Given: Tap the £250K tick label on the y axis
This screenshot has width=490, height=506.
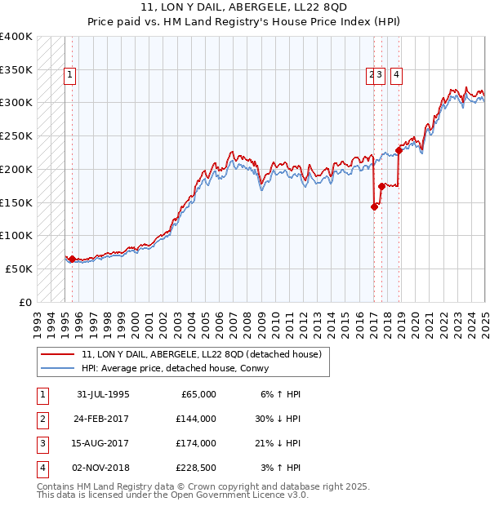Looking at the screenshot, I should pyautogui.click(x=16, y=135).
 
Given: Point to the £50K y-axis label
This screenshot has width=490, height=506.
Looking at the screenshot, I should pyautogui.click(x=19, y=269).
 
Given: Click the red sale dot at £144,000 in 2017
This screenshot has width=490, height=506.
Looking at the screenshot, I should pyautogui.click(x=375, y=206).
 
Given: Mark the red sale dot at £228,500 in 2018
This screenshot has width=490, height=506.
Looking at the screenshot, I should pyautogui.click(x=399, y=150).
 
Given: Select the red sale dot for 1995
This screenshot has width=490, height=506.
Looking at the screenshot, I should pyautogui.click(x=72, y=260).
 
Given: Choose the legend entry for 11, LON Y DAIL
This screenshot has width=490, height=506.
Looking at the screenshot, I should pyautogui.click(x=202, y=354).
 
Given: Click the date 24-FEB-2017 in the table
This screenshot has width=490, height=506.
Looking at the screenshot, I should pyautogui.click(x=103, y=419).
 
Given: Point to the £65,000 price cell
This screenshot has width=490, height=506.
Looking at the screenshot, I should pyautogui.click(x=197, y=394).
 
